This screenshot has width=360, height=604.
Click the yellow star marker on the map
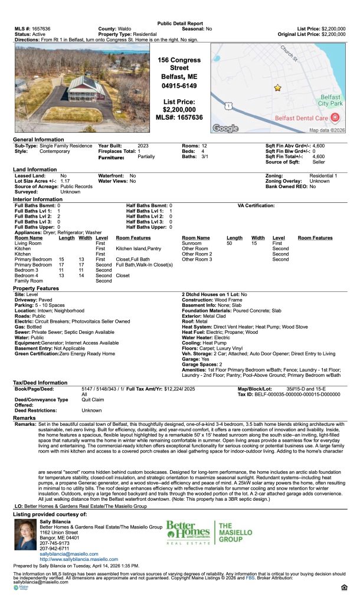click(277, 88)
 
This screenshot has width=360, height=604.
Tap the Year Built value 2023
click(143, 145)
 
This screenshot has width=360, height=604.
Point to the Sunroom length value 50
click(230, 243)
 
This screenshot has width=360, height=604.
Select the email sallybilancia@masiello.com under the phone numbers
click(68, 554)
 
